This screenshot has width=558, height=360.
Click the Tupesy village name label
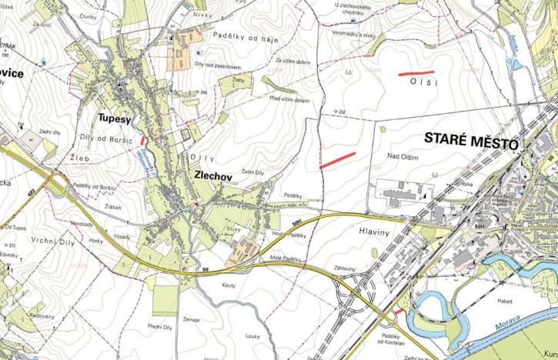pyautogui.click(x=116, y=118)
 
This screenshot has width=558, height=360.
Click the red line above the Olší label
pyautogui.click(x=416, y=73)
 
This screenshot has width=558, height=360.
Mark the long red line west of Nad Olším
pyautogui.click(x=336, y=160)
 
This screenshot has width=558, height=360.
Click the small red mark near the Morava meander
pyautogui.click(x=396, y=312)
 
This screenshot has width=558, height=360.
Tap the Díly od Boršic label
pyautogui.click(x=104, y=138)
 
